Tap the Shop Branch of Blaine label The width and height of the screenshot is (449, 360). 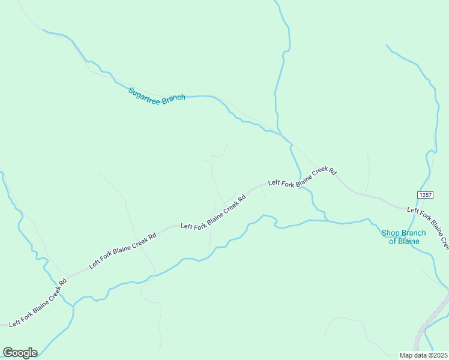[403, 237]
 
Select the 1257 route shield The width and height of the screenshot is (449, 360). [426, 195]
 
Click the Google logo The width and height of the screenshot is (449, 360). [20, 352]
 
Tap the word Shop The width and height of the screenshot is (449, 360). [390, 233]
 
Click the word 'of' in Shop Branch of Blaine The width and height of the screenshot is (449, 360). [393, 241]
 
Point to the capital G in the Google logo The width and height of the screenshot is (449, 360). [8, 352]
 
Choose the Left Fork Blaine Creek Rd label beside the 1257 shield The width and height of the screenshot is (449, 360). [428, 226]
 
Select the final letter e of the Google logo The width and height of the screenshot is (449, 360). [34, 353]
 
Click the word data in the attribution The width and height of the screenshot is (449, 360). [420, 355]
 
